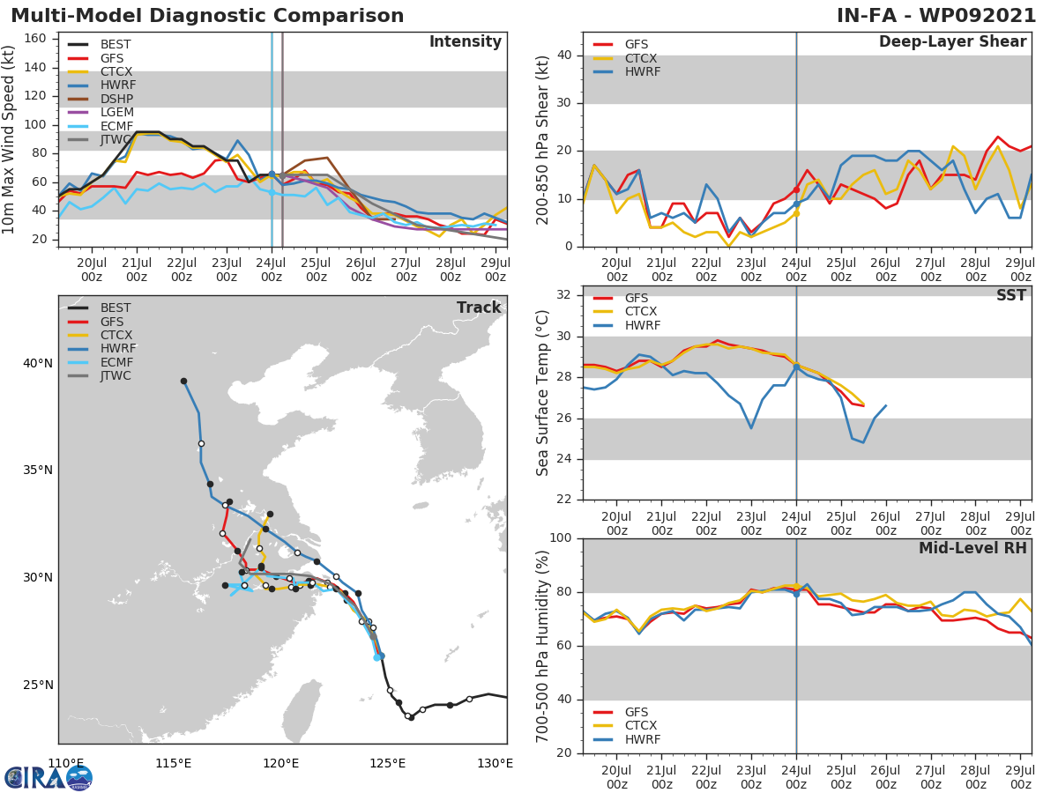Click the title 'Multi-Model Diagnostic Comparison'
tap(207, 17)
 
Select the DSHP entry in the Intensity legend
tap(115, 99)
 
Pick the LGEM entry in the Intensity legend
tap(115, 112)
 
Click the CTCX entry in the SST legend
tap(640, 312)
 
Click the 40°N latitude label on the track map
tap(38, 363)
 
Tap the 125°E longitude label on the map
tap(388, 763)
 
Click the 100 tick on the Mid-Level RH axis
tap(561, 538)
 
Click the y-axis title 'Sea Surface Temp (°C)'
tap(543, 392)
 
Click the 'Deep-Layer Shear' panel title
tap(952, 42)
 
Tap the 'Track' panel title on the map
tap(479, 308)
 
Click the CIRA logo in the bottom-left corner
tap(48, 777)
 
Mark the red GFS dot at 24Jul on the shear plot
tap(796, 189)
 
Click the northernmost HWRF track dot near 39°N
tap(183, 382)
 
